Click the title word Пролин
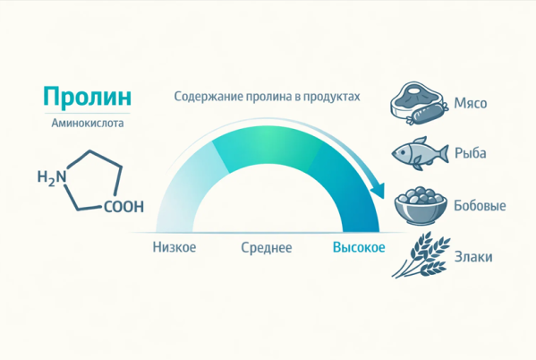point(87,97)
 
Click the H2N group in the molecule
point(52,178)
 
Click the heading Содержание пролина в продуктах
point(267,96)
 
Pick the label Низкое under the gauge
point(174,247)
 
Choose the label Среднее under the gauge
point(267,247)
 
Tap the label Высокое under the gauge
point(359,247)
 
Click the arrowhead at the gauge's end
point(379,191)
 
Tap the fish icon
point(419,153)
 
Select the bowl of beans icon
point(421,206)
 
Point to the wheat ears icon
point(419,256)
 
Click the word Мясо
point(471,103)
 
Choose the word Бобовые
point(480,206)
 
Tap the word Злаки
point(472,256)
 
